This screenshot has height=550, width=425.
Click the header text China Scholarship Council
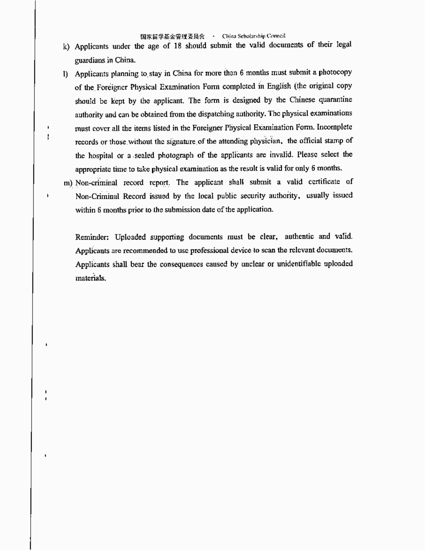[x=254, y=36]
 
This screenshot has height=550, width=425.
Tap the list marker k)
[x=66, y=47]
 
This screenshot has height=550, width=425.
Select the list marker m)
[x=68, y=183]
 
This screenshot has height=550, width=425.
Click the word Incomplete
[x=334, y=127]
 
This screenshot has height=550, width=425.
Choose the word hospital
[x=101, y=156]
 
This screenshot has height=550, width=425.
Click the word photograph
[x=176, y=155]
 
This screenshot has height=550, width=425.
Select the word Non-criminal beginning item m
[x=96, y=183]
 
